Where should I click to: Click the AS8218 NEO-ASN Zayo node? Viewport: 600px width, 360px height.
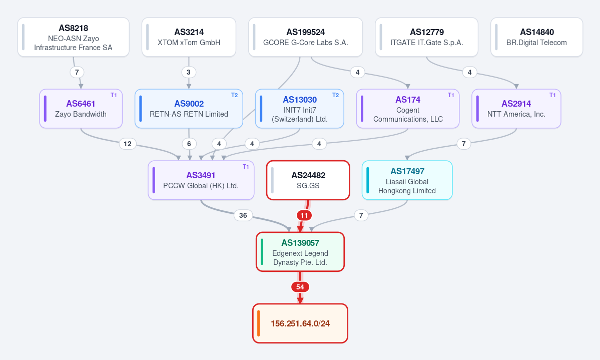pyautogui.click(x=74, y=37)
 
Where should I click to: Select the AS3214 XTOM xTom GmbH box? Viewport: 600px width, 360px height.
pyautogui.click(x=189, y=37)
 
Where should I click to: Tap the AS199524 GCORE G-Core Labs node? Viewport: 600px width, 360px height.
pyautogui.click(x=305, y=37)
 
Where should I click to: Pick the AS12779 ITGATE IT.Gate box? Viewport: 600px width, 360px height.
pyautogui.click(x=427, y=37)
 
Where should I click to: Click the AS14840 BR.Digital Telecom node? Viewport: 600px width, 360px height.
pyautogui.click(x=536, y=37)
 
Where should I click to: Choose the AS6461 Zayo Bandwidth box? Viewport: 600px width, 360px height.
pyautogui.click(x=81, y=109)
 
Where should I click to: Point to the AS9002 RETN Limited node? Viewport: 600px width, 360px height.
pyautogui.click(x=189, y=109)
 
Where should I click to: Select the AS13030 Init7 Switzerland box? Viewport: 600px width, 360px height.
pyautogui.click(x=300, y=109)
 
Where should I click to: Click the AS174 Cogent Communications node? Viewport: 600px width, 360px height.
pyautogui.click(x=408, y=109)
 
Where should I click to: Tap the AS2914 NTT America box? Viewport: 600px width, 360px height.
pyautogui.click(x=516, y=109)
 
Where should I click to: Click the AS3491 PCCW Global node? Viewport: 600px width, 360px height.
pyautogui.click(x=201, y=180)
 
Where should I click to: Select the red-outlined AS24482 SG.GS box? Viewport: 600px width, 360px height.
pyautogui.click(x=308, y=180)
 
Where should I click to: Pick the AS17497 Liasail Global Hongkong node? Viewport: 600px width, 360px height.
pyautogui.click(x=407, y=180)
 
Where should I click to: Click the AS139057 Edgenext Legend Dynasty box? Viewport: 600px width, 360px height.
pyautogui.click(x=300, y=252)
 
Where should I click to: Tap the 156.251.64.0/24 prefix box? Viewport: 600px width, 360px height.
pyautogui.click(x=300, y=323)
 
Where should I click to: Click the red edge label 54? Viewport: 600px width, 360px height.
pyautogui.click(x=300, y=287)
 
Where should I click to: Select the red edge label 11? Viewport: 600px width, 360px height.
pyautogui.click(x=304, y=215)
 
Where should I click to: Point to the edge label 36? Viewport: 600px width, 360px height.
pyautogui.click(x=243, y=215)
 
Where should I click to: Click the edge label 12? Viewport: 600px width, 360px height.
pyautogui.click(x=128, y=144)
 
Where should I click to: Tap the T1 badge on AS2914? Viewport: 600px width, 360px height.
pyautogui.click(x=552, y=95)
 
